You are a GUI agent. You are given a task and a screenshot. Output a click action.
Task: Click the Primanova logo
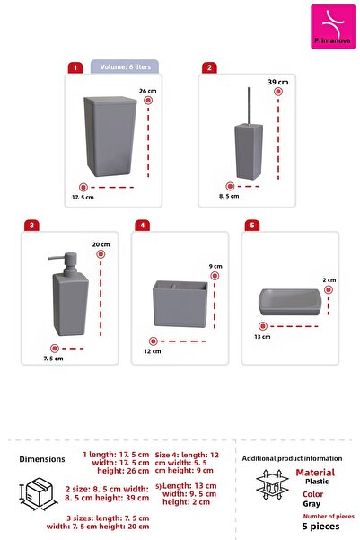[332, 26]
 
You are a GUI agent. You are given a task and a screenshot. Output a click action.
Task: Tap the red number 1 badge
[75, 67]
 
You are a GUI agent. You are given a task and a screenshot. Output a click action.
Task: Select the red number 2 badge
[209, 67]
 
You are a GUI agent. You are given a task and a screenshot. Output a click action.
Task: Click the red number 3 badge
[32, 225]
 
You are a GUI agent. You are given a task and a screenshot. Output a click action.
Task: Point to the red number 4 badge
[142, 225]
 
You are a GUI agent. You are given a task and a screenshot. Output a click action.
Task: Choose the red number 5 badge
[252, 225]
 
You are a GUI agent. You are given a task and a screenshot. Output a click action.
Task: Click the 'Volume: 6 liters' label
[124, 66]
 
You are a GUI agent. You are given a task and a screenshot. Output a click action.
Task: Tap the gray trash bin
[109, 136]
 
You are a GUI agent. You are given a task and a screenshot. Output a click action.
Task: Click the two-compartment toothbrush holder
[181, 303]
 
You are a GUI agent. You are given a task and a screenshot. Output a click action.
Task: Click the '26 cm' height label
[149, 92]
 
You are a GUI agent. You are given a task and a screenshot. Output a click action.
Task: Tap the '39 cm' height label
[278, 83]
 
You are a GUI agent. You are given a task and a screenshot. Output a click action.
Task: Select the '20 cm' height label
[100, 244]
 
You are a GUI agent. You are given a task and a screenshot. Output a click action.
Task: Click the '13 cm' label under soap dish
[261, 337]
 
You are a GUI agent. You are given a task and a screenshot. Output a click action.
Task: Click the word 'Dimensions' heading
[42, 459]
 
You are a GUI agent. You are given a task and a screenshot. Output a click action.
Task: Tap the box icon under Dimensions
[37, 494]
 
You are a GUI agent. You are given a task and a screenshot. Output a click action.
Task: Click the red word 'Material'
[315, 472]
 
